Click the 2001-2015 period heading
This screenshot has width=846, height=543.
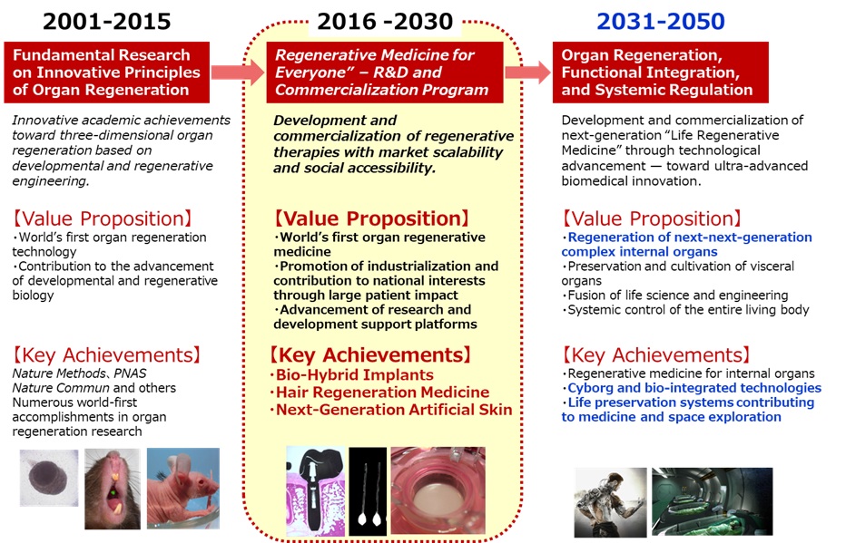click(x=107, y=22)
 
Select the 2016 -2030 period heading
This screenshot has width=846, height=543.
click(x=385, y=22)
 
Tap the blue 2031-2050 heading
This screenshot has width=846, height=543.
click(x=661, y=22)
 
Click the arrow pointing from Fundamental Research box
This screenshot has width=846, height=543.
click(x=238, y=73)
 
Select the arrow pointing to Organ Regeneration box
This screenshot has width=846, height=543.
click(x=527, y=73)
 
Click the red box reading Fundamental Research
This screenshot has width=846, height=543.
click(x=107, y=73)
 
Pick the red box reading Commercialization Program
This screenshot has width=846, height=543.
click(x=385, y=73)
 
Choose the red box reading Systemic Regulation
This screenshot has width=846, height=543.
click(x=661, y=73)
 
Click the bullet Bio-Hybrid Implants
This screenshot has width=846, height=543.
click(x=352, y=375)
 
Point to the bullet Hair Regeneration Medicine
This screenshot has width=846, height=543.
click(x=379, y=393)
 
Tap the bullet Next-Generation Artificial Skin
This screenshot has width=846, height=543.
click(x=391, y=410)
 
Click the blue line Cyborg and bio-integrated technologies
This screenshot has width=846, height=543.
click(x=692, y=388)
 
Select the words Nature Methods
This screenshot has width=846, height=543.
click(x=59, y=373)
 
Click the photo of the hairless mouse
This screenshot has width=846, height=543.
click(x=182, y=488)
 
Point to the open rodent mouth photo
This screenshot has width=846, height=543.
click(x=113, y=489)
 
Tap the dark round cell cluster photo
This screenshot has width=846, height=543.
click(x=49, y=479)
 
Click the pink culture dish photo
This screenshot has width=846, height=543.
click(x=438, y=490)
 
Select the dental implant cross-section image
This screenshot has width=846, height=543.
click(x=315, y=490)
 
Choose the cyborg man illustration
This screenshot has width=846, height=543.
click(x=610, y=502)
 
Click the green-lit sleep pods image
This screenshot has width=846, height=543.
click(x=713, y=501)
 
